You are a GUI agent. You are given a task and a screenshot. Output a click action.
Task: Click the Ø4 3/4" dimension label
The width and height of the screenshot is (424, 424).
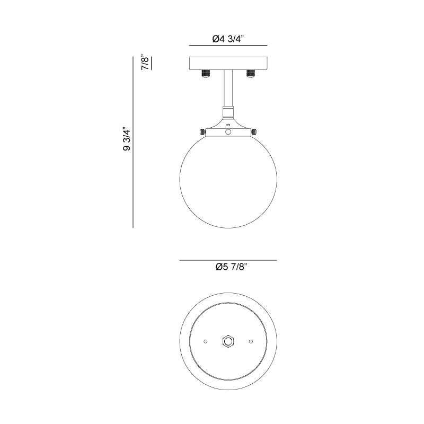[228, 39]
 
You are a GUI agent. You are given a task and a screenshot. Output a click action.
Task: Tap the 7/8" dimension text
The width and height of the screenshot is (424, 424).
[145, 63]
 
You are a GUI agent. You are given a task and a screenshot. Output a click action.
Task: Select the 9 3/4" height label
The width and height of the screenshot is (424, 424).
[127, 139]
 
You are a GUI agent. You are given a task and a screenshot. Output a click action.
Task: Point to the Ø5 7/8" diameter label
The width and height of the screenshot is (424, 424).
[232, 267]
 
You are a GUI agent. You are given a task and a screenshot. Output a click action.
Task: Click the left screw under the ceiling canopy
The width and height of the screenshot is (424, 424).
[206, 73]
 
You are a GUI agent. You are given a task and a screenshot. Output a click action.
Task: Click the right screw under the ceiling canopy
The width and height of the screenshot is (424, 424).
[250, 73]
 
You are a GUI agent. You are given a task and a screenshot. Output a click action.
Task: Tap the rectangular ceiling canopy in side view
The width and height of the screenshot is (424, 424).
[228, 63]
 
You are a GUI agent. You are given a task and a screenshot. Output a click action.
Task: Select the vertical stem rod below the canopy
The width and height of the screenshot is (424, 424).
[228, 88]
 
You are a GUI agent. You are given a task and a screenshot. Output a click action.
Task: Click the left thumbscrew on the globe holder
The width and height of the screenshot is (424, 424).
[202, 132]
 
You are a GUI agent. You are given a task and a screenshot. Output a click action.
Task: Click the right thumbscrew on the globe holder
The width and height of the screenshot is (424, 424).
[254, 132]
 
